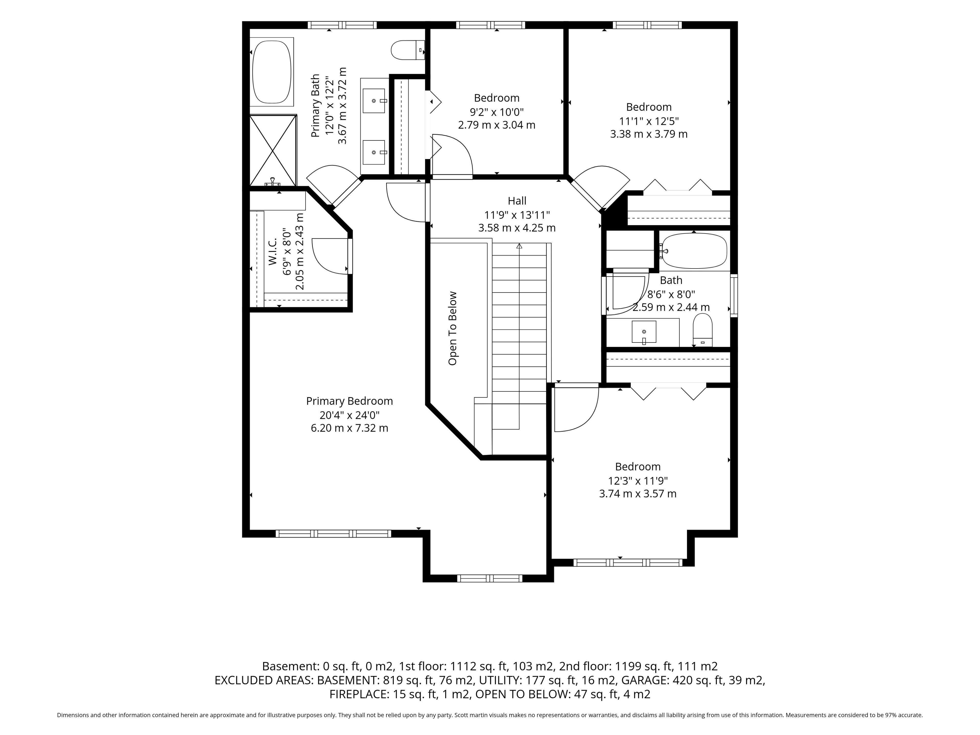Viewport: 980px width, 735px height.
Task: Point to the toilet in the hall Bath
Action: (703, 330)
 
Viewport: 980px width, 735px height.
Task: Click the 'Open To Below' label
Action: (452, 328)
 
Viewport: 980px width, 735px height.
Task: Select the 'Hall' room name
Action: (517, 201)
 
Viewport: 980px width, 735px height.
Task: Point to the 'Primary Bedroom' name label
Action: (350, 401)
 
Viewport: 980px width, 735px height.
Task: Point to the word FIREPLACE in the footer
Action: (359, 694)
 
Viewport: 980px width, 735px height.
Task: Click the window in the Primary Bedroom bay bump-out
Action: (489, 578)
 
